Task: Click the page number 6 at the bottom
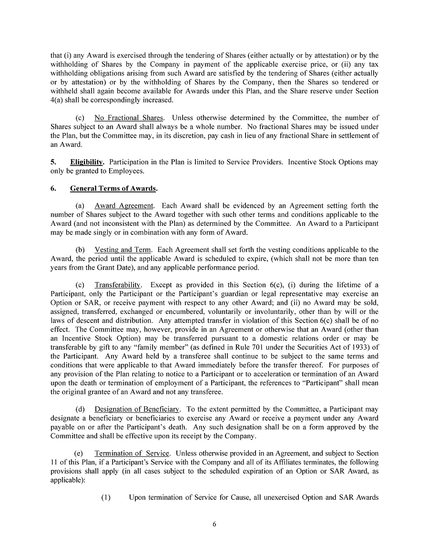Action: pyautogui.click(x=214, y=525)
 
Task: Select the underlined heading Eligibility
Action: pyautogui.click(x=87, y=162)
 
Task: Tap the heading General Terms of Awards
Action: pyautogui.click(x=113, y=188)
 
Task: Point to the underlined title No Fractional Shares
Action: pyautogui.click(x=129, y=118)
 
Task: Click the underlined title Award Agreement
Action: pyautogui.click(x=124, y=206)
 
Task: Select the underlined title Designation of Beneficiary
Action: pyautogui.click(x=137, y=409)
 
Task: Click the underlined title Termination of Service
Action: pyautogui.click(x=132, y=453)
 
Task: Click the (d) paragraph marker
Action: pyautogui.click(x=81, y=409)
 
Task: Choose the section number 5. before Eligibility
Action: pyautogui.click(x=53, y=162)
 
